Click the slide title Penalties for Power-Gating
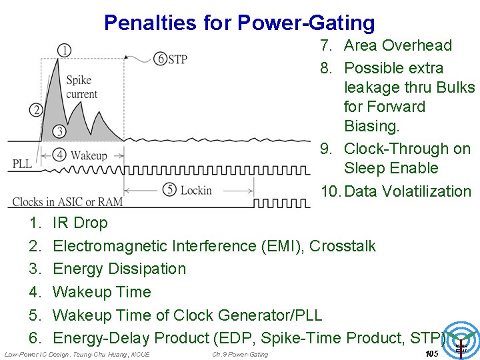click(239, 23)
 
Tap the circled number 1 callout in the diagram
click(64, 50)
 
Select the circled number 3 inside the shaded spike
click(59, 131)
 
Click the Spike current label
click(81, 87)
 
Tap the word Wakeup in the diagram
click(89, 155)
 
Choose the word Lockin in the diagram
click(196, 191)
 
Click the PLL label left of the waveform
click(22, 163)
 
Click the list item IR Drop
click(80, 223)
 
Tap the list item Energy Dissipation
click(119, 269)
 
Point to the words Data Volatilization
click(408, 191)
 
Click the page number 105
click(431, 353)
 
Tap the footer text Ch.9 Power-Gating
click(240, 354)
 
